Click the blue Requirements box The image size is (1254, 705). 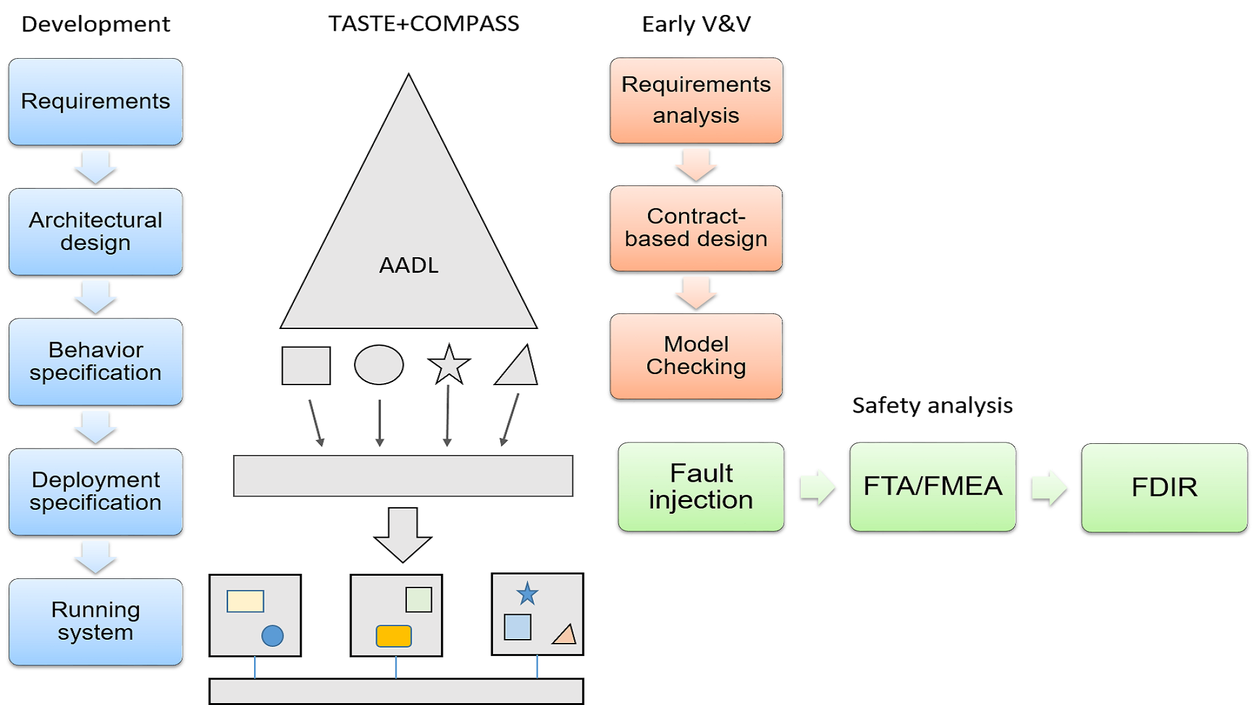tap(95, 101)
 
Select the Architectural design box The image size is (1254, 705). tap(95, 232)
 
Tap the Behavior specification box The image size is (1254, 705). tap(95, 362)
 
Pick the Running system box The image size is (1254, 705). tap(95, 621)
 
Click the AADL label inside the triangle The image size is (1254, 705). tap(409, 265)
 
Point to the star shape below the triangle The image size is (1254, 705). tap(449, 365)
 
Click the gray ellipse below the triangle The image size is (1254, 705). tap(379, 365)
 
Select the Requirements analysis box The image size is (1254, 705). tap(696, 100)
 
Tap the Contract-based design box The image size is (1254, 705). tap(696, 228)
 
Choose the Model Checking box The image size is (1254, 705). tap(696, 356)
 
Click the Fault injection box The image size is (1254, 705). tap(701, 487)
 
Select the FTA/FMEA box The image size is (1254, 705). tap(933, 487)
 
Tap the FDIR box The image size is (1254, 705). tap(1164, 488)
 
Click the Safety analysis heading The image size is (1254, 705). tap(932, 405)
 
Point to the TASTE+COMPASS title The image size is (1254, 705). tap(423, 23)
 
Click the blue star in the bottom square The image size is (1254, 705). tap(527, 594)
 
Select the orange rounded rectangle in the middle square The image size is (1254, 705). tap(394, 636)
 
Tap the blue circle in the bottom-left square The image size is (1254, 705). tap(272, 635)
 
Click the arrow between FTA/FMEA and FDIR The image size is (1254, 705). tap(1049, 488)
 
